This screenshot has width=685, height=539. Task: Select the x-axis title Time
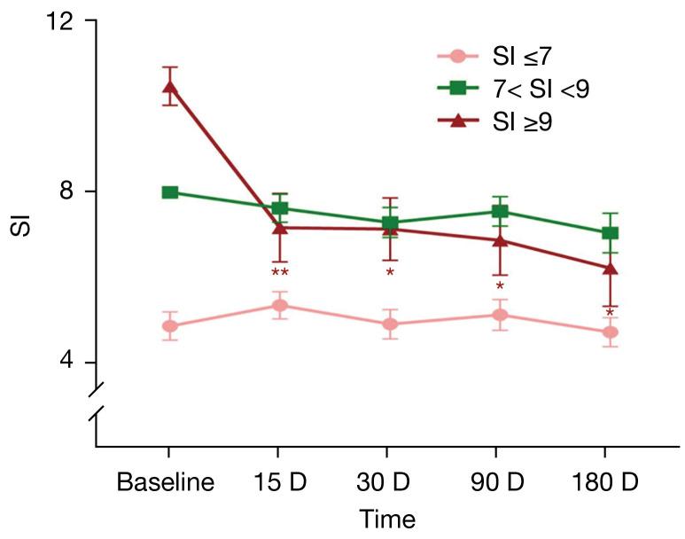387,518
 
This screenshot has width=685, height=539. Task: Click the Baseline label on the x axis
166,483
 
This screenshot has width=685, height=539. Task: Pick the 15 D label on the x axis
279,483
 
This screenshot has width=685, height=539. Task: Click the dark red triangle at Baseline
169,87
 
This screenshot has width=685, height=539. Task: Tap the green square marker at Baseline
170,192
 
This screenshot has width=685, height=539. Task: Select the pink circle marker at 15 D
280,306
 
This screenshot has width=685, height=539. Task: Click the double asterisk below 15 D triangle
280,273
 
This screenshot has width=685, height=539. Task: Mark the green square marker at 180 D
610,233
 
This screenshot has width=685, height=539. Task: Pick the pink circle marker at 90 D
500,315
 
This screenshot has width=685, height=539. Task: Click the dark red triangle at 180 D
610,268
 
